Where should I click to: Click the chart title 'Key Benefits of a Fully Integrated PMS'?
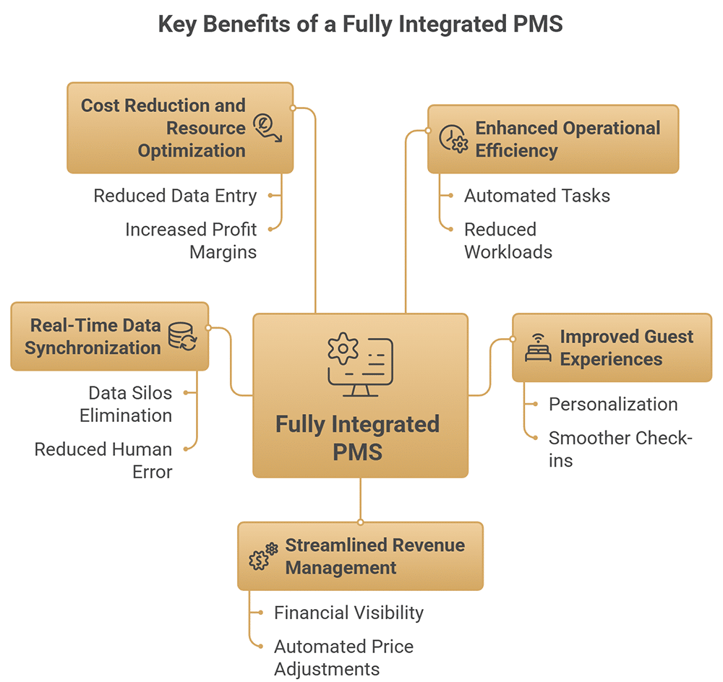point(360,24)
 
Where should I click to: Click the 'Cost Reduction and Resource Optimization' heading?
point(163,128)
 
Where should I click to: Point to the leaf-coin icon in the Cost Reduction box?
point(266,129)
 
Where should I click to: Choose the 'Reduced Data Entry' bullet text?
point(175,195)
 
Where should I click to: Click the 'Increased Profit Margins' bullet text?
point(191,240)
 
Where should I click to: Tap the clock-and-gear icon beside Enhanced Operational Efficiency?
point(453,139)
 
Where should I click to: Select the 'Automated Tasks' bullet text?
point(536,195)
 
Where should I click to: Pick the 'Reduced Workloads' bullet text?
point(508,240)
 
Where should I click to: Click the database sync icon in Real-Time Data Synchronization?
point(182,337)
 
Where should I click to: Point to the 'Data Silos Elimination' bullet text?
point(127,404)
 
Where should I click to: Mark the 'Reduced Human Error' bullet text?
point(103,460)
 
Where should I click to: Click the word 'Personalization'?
point(613,404)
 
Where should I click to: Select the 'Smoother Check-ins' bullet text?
point(620,449)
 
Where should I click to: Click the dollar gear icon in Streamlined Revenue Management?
point(263,556)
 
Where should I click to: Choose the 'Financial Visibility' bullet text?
point(348,613)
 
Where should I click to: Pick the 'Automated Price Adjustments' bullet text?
point(343,657)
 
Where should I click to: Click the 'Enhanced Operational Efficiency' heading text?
point(567,139)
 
